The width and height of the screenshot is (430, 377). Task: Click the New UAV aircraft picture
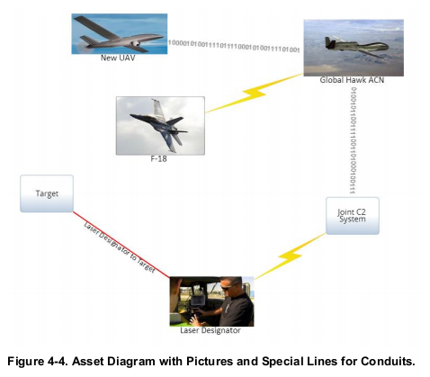coord(120,33)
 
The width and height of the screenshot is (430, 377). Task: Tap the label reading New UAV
coord(118,58)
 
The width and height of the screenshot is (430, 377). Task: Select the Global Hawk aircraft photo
coord(354,48)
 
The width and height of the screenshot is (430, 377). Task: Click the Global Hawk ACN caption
coord(352,80)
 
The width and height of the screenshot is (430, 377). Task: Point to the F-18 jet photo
coord(160,126)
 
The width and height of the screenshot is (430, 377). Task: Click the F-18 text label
coord(158,158)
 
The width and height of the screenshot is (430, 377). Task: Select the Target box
coord(47,193)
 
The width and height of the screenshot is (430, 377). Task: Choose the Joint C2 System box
coord(353,216)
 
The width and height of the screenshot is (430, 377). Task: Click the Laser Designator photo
coord(211,301)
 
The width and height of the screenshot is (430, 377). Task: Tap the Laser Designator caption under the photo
coord(211,330)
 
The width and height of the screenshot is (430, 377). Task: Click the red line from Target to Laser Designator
coord(121,245)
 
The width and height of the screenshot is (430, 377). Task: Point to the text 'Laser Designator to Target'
coord(120,247)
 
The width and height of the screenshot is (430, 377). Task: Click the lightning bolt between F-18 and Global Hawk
coord(255,93)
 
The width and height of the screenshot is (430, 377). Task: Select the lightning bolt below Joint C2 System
coord(290,256)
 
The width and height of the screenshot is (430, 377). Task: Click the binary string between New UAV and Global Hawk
coord(234,46)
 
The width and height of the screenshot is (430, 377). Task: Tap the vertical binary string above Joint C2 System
coord(354,140)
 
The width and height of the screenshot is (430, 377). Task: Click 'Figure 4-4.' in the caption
coord(38,361)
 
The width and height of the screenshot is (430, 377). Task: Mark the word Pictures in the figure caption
coord(210,361)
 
